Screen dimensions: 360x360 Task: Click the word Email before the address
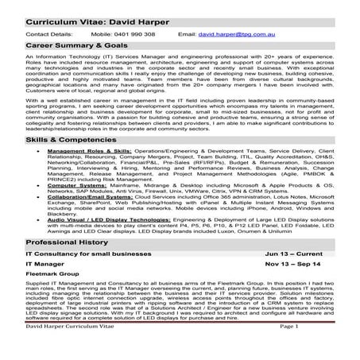tap(187, 35)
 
